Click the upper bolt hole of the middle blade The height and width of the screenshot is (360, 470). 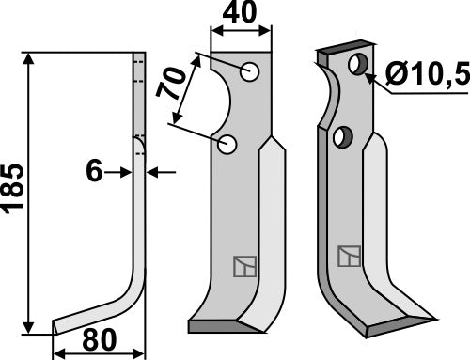[x=249, y=72]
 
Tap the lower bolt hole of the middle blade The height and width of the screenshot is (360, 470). [x=227, y=145]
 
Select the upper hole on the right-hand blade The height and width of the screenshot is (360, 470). [x=357, y=65]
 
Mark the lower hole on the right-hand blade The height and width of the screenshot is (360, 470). [x=342, y=137]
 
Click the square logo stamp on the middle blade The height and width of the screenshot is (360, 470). [x=243, y=267]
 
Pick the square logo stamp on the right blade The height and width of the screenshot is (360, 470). [x=349, y=255]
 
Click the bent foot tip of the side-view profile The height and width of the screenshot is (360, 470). [x=58, y=326]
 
